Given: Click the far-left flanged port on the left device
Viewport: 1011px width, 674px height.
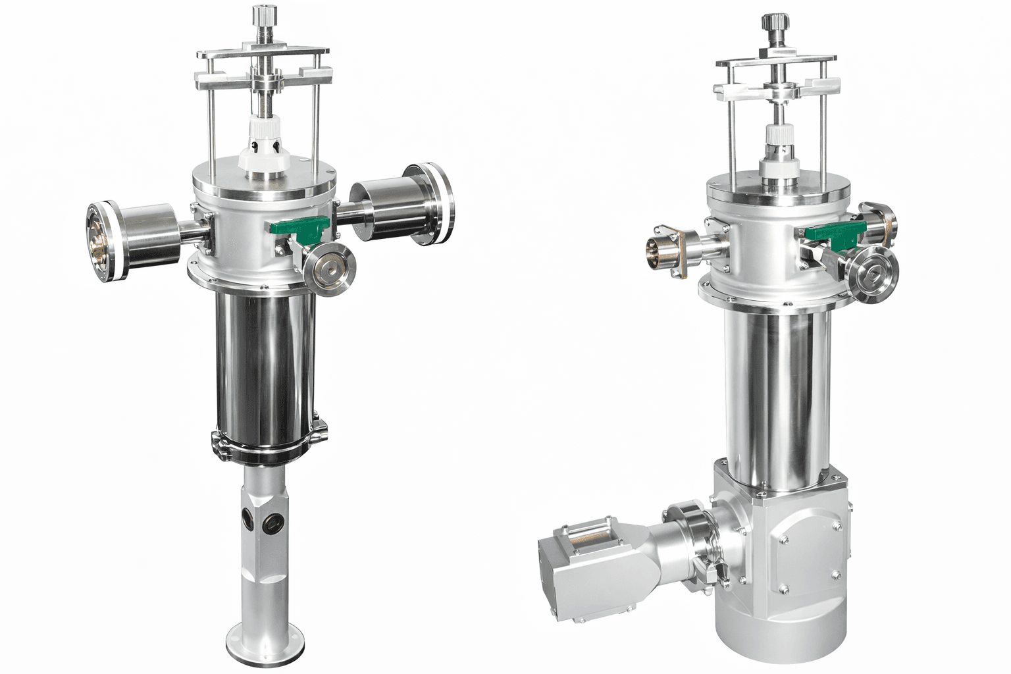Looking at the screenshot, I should (101, 242).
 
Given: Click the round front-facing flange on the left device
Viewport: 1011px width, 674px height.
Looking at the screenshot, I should (329, 269).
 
